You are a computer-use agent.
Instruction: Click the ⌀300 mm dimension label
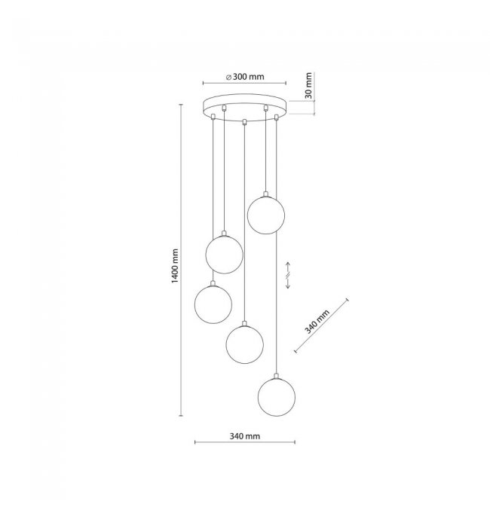(x=245, y=77)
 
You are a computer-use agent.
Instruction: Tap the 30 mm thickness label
(x=308, y=86)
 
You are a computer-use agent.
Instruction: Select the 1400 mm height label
(x=175, y=266)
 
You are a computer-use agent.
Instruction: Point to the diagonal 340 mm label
(x=317, y=322)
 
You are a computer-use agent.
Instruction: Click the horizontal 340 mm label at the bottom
(x=245, y=436)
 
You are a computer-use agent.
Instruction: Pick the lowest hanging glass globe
(x=277, y=397)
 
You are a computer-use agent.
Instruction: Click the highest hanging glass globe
(x=266, y=215)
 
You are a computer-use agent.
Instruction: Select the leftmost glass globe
(x=213, y=304)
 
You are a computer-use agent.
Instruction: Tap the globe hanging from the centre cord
(x=244, y=344)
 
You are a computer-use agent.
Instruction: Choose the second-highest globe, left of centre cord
(x=225, y=255)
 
